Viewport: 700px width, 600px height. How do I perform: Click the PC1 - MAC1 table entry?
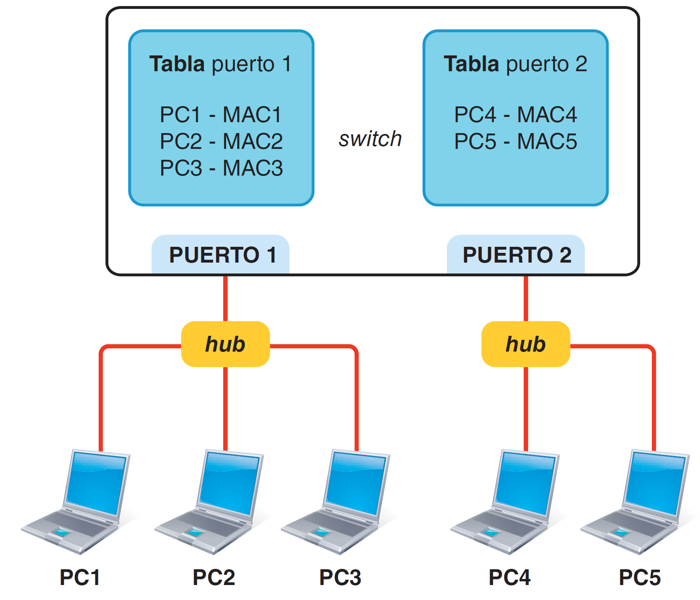[221, 114]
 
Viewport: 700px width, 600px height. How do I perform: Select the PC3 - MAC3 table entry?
[221, 168]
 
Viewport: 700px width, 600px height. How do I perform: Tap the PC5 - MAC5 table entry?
[515, 141]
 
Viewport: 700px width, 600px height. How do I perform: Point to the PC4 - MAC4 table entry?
[515, 114]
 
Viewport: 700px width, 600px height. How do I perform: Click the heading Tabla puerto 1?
[220, 64]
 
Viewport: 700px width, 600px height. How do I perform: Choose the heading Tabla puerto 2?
[515, 64]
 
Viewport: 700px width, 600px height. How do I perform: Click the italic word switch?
[370, 139]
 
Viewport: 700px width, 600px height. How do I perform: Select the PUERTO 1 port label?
[222, 255]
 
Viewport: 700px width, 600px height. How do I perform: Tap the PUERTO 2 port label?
[517, 255]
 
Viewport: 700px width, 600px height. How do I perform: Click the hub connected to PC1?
[225, 344]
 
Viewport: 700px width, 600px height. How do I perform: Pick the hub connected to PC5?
[526, 344]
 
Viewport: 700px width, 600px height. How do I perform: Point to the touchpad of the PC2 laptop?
[195, 532]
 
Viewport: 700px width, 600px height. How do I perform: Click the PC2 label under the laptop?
[214, 577]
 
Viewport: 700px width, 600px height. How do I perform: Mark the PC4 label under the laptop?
[510, 577]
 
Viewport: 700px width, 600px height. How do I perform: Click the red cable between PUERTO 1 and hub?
[225, 299]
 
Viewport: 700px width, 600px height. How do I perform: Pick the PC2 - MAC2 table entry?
[221, 141]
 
